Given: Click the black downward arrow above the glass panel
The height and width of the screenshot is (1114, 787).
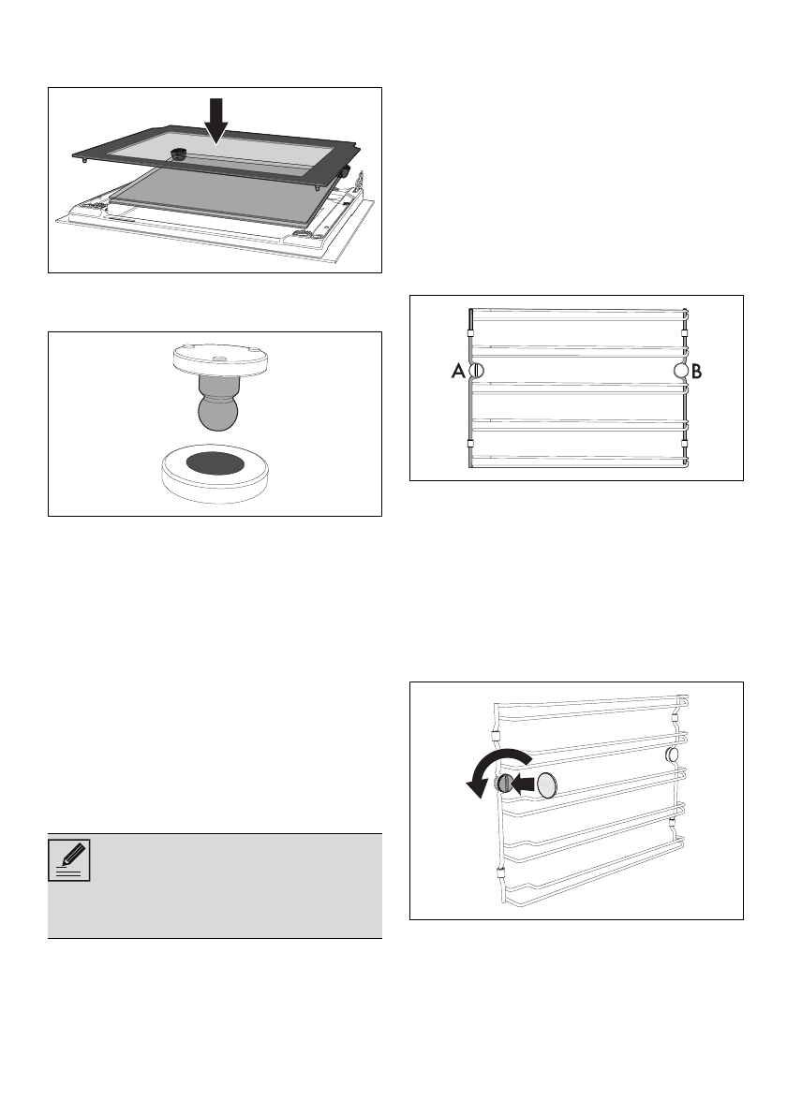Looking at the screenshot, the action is click(x=216, y=119).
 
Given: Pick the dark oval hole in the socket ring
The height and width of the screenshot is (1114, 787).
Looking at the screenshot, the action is click(x=215, y=462).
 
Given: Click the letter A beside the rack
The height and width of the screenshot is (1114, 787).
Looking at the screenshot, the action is click(x=458, y=372).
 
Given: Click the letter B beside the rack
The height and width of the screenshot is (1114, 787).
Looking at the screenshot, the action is click(x=697, y=372).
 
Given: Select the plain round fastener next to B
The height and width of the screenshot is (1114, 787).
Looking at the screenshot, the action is click(x=681, y=372).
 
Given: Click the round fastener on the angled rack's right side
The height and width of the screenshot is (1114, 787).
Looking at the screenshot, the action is click(x=672, y=754).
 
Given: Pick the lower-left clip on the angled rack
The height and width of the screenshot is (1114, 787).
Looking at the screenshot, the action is click(x=498, y=876).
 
